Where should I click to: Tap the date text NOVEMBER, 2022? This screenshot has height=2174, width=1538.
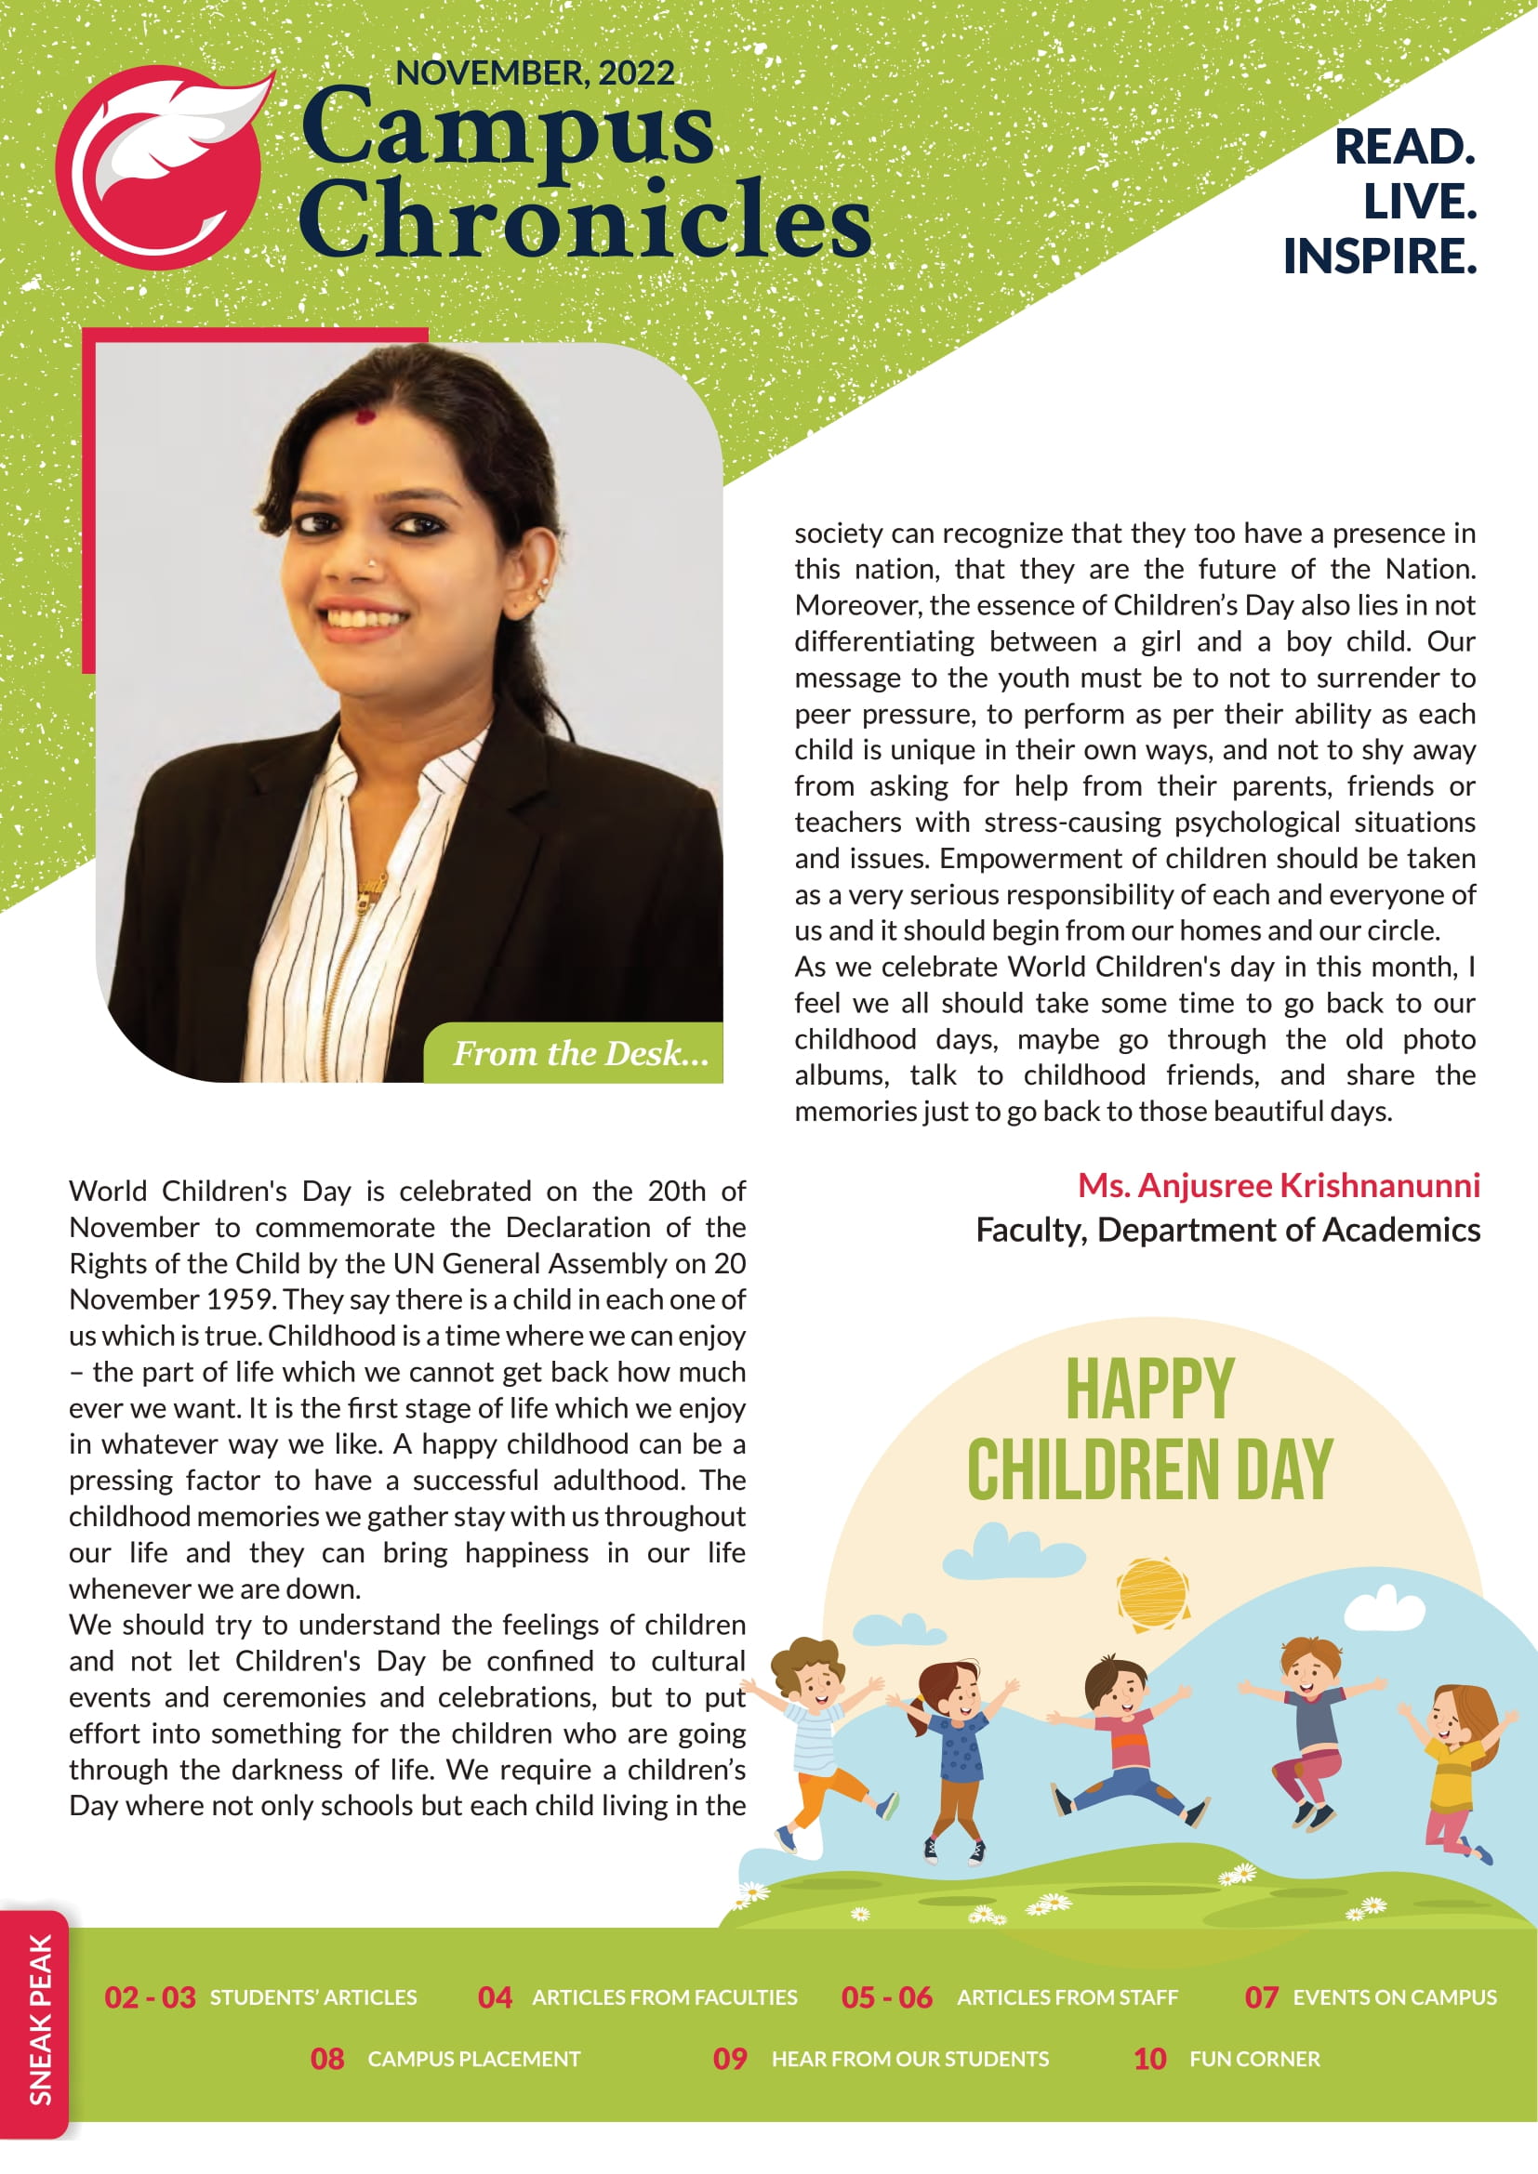point(534,72)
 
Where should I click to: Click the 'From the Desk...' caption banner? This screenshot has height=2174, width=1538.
point(579,1053)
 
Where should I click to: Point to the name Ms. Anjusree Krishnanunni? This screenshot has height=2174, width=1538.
point(1279,1185)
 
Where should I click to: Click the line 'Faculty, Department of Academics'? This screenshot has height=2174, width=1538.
point(1227,1230)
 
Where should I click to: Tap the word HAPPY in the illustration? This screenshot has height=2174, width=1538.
point(1149,1389)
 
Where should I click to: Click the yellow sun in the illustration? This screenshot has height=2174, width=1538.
point(1151,1591)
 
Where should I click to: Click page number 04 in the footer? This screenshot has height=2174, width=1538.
point(495,1996)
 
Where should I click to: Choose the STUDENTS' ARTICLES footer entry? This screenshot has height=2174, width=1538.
point(313,1996)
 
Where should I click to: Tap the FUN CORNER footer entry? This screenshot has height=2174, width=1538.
point(1253,2059)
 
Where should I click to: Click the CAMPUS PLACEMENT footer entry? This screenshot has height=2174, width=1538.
point(473,2059)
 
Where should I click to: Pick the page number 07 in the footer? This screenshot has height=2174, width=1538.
point(1261,1996)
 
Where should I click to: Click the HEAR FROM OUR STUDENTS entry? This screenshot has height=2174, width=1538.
point(910,2059)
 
